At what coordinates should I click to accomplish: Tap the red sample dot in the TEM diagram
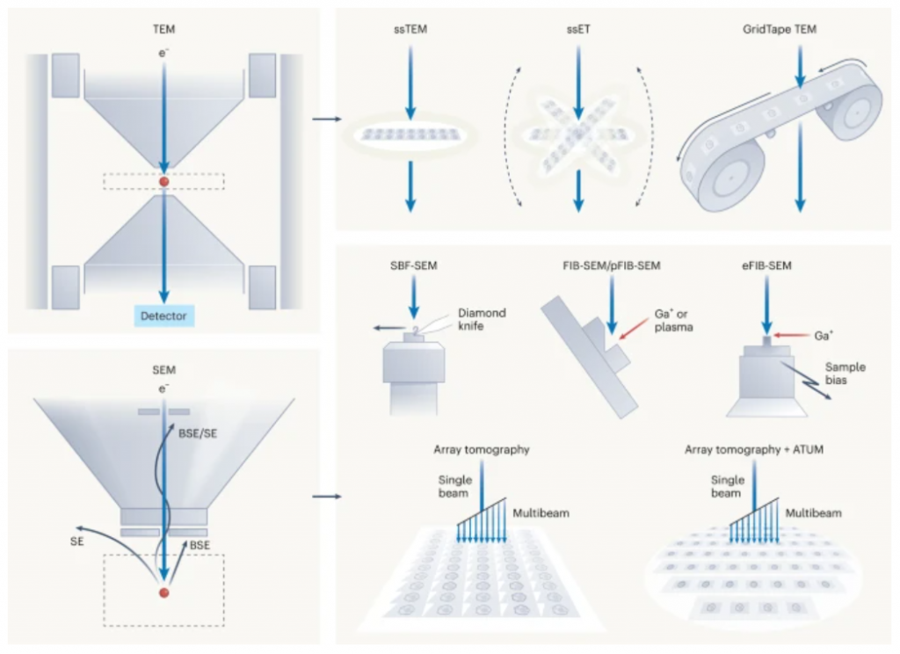163,182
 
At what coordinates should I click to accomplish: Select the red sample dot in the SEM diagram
163,593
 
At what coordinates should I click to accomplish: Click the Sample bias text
845,374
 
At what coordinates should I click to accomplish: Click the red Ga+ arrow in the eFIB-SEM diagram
789,335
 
